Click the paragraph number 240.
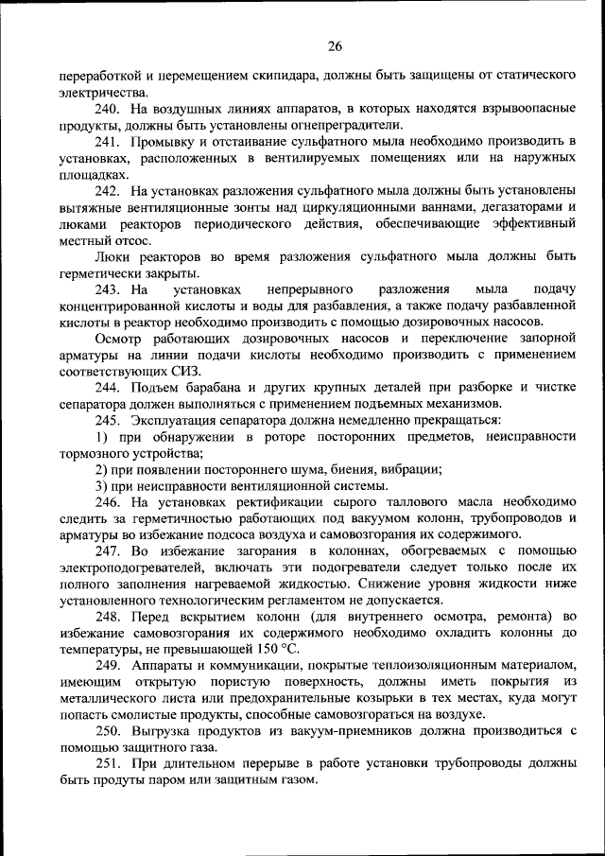click(x=107, y=111)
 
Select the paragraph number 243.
click(x=107, y=288)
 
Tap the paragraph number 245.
click(x=107, y=420)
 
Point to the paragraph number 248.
click(x=107, y=617)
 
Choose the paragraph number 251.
click(x=107, y=765)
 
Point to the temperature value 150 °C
click(x=273, y=649)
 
